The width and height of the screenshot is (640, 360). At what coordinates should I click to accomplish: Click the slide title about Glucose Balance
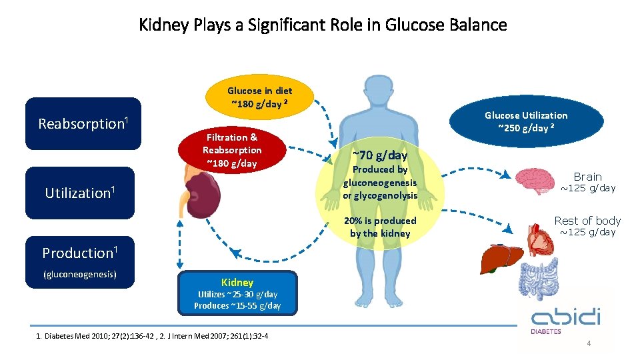point(323,25)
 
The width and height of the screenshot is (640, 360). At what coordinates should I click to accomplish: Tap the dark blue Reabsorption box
point(83,123)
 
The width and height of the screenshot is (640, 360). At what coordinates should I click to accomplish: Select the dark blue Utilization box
point(80,193)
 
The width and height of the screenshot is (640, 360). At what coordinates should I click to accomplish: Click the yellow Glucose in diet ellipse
point(259,97)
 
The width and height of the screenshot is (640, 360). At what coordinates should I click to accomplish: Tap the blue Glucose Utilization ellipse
point(525,121)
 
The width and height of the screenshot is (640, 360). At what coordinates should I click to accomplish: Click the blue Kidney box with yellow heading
point(237,293)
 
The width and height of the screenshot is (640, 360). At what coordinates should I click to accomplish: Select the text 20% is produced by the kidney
point(380,227)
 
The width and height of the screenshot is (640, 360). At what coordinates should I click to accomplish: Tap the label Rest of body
point(587,221)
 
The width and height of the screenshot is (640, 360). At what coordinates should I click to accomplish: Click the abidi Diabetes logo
point(566,319)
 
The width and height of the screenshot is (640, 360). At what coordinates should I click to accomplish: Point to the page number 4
point(589,343)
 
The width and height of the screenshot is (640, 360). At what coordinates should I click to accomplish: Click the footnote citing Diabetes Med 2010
point(153,335)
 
